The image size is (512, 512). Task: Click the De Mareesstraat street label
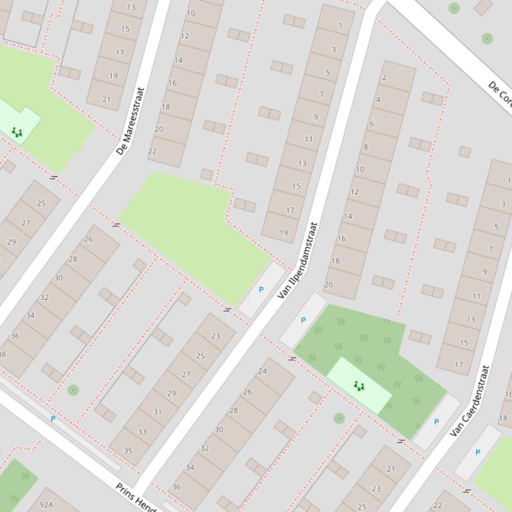(130, 121)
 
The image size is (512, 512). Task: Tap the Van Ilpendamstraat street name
(297, 260)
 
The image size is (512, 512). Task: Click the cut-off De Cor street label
(500, 94)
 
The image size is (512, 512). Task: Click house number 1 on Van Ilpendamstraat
(340, 26)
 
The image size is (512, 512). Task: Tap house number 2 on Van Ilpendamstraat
(384, 77)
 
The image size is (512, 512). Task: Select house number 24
(262, 371)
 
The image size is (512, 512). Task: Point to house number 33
(142, 432)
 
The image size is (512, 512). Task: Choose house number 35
(127, 451)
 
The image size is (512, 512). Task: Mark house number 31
(157, 412)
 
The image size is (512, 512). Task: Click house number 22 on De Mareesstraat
(152, 151)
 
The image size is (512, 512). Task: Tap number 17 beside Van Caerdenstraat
(459, 364)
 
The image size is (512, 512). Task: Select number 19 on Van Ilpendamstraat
(284, 233)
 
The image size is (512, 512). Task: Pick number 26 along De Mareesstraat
(89, 239)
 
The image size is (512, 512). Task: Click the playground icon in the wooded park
(359, 386)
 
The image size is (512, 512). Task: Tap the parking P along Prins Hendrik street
(53, 419)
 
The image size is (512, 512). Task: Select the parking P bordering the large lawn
(261, 290)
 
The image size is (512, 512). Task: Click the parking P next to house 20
(303, 320)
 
